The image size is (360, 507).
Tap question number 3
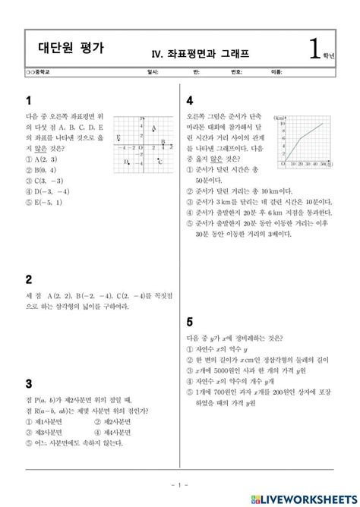[28, 383]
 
